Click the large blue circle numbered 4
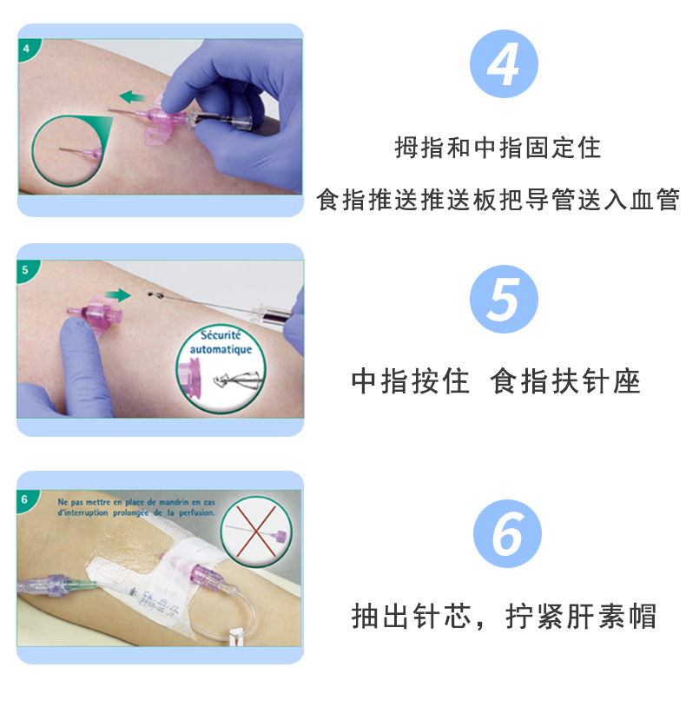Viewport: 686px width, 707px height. point(504,63)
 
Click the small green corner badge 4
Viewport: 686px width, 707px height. point(26,48)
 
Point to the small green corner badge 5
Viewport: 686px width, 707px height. point(26,269)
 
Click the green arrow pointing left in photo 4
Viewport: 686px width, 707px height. point(132,96)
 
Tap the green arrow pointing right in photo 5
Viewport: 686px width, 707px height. point(119,295)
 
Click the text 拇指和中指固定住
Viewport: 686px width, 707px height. point(498,148)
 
